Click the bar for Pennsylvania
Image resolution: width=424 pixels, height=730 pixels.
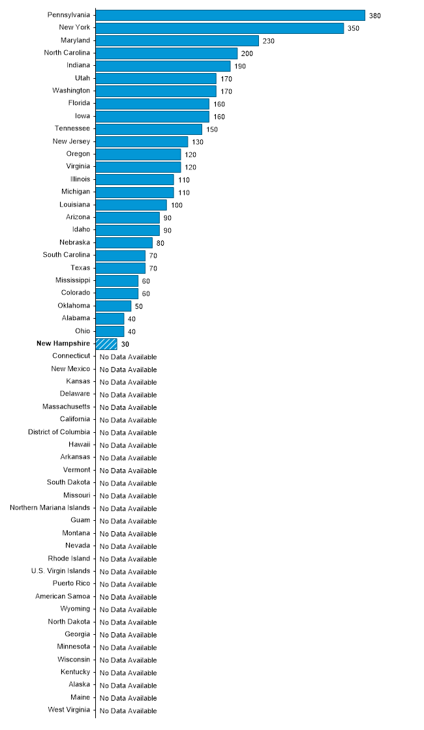tap(230, 15)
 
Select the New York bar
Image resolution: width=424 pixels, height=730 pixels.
tap(220, 28)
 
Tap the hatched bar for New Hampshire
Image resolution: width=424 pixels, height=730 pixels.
tap(106, 343)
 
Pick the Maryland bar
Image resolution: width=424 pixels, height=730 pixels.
tap(177, 40)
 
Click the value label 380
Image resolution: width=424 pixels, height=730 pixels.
tap(374, 16)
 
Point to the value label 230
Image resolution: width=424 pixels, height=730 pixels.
tap(269, 41)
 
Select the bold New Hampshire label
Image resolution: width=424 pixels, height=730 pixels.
tap(63, 343)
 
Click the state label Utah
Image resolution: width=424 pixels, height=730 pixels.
tap(82, 78)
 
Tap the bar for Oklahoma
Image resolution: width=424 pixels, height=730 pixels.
tap(114, 306)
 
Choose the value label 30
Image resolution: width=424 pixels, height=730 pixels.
tap(125, 344)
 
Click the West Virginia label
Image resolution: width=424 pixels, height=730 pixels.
tap(69, 710)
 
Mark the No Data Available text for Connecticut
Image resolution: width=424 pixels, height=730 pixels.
tap(128, 357)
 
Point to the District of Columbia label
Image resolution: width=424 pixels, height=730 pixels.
tap(59, 432)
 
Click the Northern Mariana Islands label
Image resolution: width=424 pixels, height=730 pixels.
tap(50, 508)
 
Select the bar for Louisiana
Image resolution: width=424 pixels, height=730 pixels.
tap(131, 205)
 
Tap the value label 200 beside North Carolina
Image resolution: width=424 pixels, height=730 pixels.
tap(247, 53)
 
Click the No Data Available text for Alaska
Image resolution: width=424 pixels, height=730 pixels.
tap(128, 685)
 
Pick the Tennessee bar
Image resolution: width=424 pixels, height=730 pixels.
tap(149, 129)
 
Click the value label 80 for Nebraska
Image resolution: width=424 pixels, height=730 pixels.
tap(160, 243)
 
